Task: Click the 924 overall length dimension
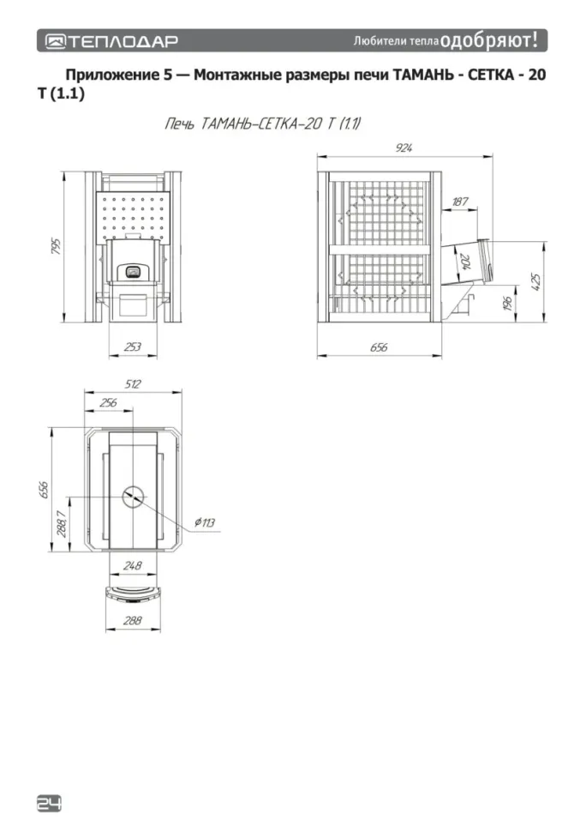404,148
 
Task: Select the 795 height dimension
57,246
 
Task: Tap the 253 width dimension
133,347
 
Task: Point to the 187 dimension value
460,202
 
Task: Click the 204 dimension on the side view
465,261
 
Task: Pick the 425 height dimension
535,281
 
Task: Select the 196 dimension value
507,304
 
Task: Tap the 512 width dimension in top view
133,384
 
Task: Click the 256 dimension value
108,403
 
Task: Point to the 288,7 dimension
61,524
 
